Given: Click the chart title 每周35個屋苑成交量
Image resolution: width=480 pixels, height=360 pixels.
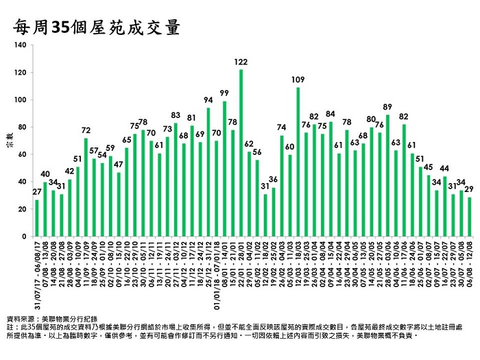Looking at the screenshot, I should (x=96, y=27).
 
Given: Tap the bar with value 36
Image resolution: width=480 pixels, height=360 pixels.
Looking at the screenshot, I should (x=274, y=212).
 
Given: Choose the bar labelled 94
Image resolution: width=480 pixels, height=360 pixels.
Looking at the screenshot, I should (x=208, y=172).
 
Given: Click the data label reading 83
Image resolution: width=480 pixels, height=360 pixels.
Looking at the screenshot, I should (x=176, y=115).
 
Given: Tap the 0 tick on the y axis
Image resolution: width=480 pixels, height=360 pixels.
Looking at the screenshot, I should (x=26, y=237).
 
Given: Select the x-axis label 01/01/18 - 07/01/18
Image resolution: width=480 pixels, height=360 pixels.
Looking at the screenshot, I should (x=216, y=271).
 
